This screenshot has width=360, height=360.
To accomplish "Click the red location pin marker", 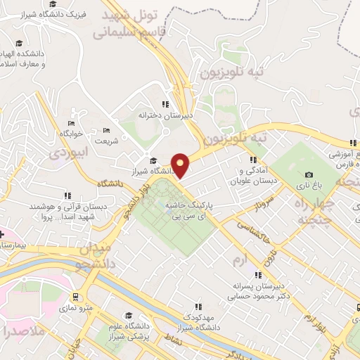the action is click(x=181, y=165).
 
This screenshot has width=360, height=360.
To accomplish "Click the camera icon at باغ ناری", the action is click(x=309, y=175).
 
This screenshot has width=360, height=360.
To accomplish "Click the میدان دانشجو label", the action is click(x=95, y=257).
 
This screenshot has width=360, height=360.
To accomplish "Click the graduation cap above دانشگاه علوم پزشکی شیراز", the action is click(x=129, y=315).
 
